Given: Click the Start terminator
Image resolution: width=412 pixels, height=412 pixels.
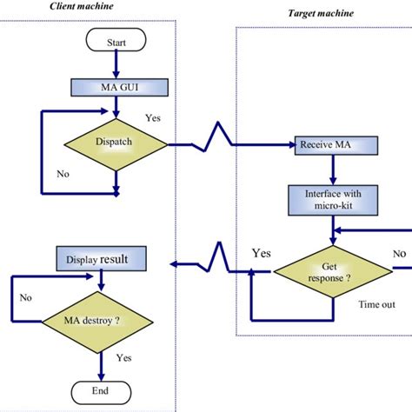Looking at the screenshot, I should pos(116,42).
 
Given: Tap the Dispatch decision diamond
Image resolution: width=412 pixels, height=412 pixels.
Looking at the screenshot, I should pos(116,143).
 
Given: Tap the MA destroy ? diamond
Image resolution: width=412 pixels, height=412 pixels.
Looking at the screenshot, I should pos(102,319).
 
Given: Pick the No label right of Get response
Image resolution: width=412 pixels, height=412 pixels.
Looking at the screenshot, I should pos(398,254).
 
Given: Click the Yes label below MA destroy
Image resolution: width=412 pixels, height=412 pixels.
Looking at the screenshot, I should pos(123,357).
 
